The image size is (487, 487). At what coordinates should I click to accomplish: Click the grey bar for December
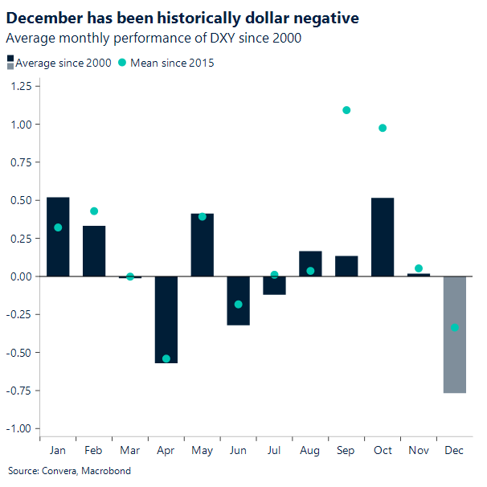[455, 334]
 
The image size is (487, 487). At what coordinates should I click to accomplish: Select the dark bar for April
[166, 319]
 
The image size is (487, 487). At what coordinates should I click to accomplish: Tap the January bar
[58, 236]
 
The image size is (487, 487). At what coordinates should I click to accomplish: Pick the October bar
[383, 237]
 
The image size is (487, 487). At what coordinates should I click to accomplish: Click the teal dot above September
[346, 110]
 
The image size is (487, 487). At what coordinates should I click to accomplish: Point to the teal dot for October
[383, 128]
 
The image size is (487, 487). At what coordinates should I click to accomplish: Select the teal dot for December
[455, 327]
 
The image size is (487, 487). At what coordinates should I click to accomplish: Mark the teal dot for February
[94, 211]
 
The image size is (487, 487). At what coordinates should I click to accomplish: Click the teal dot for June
[238, 305]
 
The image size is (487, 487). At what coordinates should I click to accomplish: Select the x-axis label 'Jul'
[274, 450]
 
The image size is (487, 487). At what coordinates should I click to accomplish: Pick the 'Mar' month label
[130, 450]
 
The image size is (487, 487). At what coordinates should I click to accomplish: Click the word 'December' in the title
[46, 17]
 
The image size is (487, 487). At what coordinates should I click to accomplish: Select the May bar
[203, 245]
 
